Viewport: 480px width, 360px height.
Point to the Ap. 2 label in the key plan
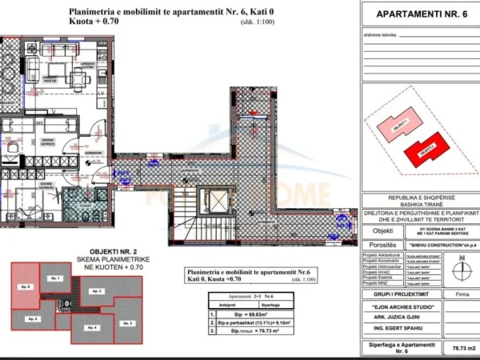point(97,290)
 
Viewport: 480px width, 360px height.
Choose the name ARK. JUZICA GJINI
point(393,316)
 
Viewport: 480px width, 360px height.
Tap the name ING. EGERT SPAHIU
point(393,329)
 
